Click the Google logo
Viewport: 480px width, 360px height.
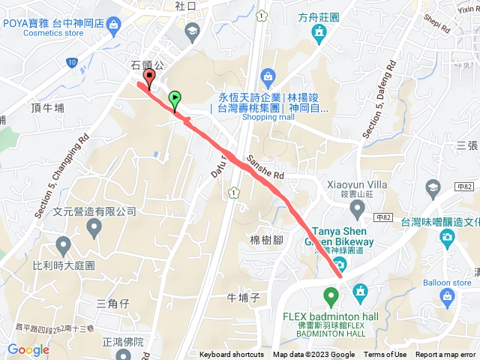pos(28,349)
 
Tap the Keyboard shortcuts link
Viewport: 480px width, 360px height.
pos(232,355)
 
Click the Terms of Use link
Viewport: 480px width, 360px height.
pos(385,355)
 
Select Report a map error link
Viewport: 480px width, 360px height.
pos(447,355)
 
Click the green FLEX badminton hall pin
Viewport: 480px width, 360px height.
pos(330,294)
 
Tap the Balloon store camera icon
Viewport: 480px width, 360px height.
pos(448,298)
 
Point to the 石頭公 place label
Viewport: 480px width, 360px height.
pos(146,66)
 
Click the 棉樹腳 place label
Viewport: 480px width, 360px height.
pos(265,239)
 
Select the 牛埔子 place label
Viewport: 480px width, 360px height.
pos(242,298)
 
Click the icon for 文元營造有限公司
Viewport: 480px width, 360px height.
pos(94,226)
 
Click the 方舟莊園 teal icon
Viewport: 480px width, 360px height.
pos(319,32)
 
